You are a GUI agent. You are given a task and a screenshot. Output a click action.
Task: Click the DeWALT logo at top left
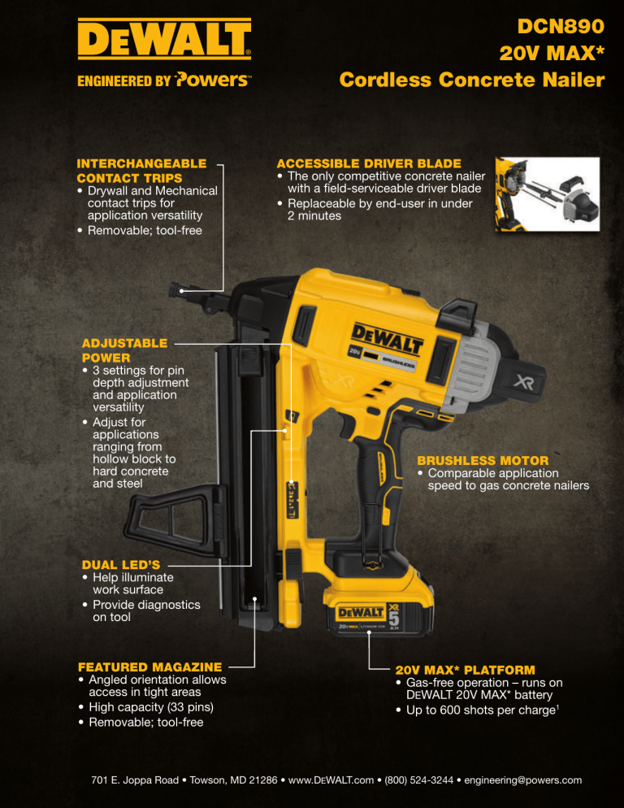point(164,39)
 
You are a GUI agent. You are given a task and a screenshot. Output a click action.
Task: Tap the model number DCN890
point(561,26)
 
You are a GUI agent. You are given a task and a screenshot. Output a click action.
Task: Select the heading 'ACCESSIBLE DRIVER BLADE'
point(369,163)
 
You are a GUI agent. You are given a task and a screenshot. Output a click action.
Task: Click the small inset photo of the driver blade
point(548,193)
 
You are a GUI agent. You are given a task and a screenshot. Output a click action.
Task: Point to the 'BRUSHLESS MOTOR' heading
point(483,460)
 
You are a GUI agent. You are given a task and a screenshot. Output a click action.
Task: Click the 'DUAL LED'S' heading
point(121,564)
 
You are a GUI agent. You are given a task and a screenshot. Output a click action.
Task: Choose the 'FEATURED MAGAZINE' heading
point(150,667)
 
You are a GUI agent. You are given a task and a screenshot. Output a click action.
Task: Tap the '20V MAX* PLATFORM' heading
point(466,670)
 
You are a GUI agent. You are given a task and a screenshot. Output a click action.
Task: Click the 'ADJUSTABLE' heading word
point(124,343)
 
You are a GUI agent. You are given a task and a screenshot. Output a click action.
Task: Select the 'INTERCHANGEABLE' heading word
point(141,163)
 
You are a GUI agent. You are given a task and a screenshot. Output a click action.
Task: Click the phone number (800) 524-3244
point(419,780)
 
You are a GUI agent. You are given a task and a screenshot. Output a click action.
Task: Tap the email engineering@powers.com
point(523,780)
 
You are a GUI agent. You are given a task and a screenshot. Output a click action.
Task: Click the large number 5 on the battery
point(394,619)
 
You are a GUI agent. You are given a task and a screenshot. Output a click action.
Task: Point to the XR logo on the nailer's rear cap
point(524,382)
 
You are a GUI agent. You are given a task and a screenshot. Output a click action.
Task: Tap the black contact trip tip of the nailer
point(177,289)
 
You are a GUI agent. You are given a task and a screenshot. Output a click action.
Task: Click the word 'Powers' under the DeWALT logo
point(212,80)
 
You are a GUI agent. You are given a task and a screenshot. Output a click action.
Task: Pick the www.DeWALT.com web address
point(331,780)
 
